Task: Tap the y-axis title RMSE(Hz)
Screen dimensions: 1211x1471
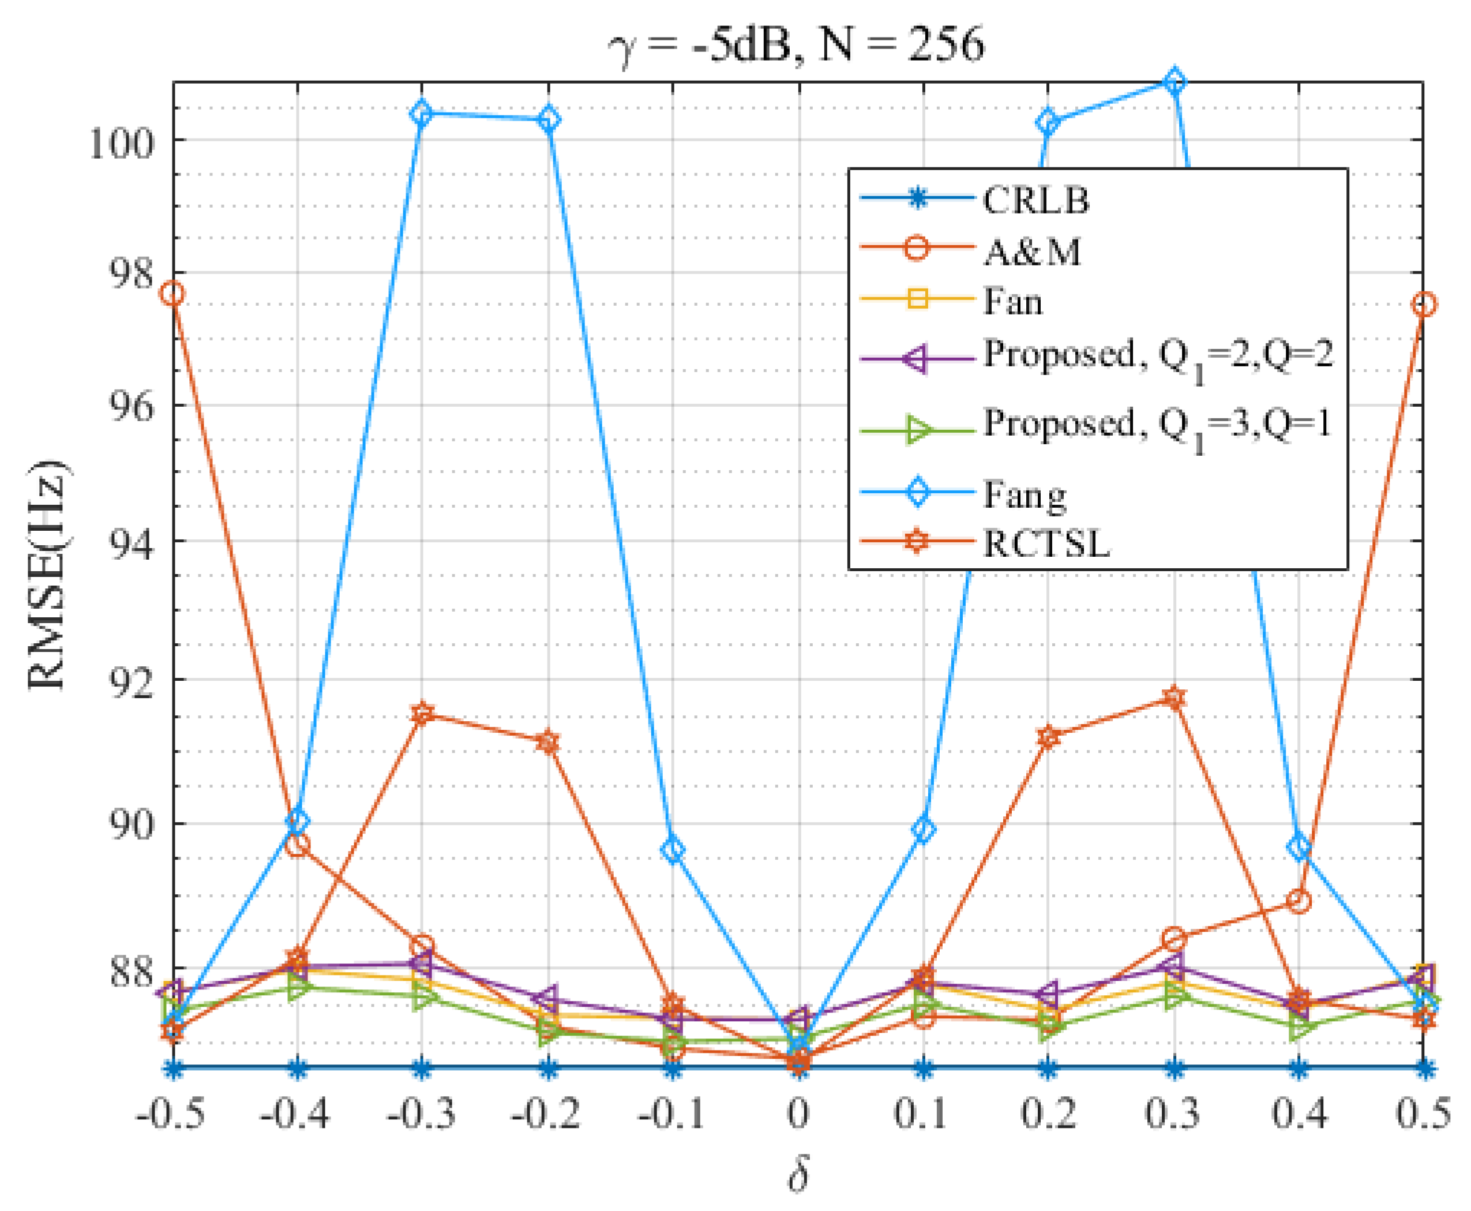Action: pyautogui.click(x=47, y=574)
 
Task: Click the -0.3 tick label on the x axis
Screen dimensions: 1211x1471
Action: pyautogui.click(x=421, y=1112)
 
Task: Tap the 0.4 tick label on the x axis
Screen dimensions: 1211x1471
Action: pyautogui.click(x=1298, y=1112)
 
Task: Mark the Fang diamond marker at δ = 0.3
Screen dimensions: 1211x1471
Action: pyautogui.click(x=1174, y=81)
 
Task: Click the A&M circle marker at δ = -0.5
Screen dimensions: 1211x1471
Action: pyautogui.click(x=172, y=294)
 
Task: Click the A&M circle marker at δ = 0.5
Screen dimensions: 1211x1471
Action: pyautogui.click(x=1424, y=304)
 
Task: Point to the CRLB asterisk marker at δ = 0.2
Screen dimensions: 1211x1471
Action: pyautogui.click(x=1048, y=1068)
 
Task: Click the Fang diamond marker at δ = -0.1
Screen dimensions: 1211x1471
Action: pyautogui.click(x=673, y=850)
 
